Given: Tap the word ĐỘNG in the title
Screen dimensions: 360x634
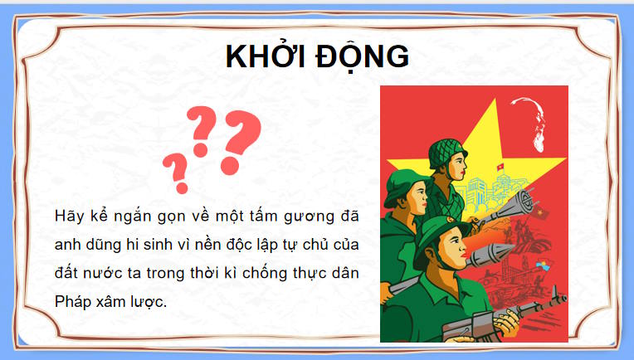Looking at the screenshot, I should [362, 56].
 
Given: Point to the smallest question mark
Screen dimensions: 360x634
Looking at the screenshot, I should [174, 172].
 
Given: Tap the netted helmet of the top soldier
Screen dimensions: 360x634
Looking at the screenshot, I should [440, 152].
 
